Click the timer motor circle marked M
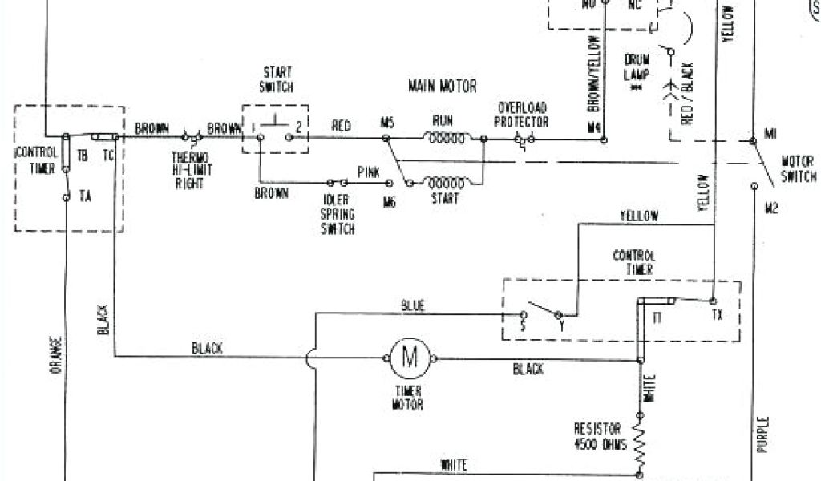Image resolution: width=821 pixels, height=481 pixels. [410, 358]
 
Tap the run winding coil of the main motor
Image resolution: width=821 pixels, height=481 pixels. [445, 139]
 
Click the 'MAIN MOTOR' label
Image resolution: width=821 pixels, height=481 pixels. [442, 86]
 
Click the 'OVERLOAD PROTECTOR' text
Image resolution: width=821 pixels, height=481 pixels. [523, 115]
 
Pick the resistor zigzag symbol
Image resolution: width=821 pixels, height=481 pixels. [641, 439]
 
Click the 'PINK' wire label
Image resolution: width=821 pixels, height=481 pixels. [369, 171]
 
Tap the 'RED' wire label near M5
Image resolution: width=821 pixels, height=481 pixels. [341, 125]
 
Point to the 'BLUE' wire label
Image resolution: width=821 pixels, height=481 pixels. [415, 305]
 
